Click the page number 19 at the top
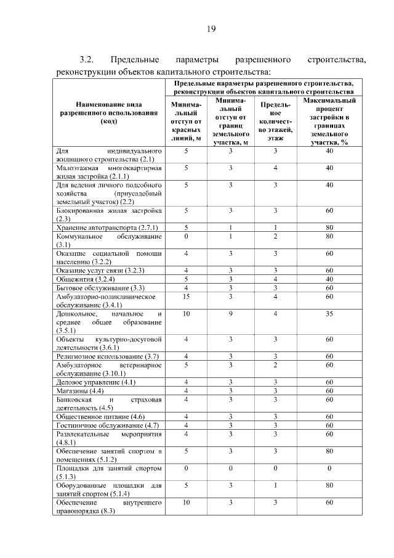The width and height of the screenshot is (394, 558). pos(210,28)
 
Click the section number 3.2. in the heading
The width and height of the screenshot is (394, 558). pos(86,60)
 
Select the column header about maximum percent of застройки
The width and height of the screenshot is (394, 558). pos(329,120)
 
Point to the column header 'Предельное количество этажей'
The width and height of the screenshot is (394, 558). pos(276,121)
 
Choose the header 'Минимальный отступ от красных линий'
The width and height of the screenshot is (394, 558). pos(186,121)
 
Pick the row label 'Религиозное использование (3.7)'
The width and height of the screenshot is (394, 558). pos(108,356)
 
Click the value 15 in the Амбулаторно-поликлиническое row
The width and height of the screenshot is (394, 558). pos(186,297)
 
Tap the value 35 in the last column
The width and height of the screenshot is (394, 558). pos(329,314)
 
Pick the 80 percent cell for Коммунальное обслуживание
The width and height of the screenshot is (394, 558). pos(329,236)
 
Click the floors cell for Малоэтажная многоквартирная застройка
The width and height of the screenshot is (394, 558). pos(276,168)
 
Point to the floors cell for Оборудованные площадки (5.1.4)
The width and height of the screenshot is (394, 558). pos(276,485)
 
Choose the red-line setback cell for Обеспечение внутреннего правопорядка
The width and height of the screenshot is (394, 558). pos(186,503)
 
